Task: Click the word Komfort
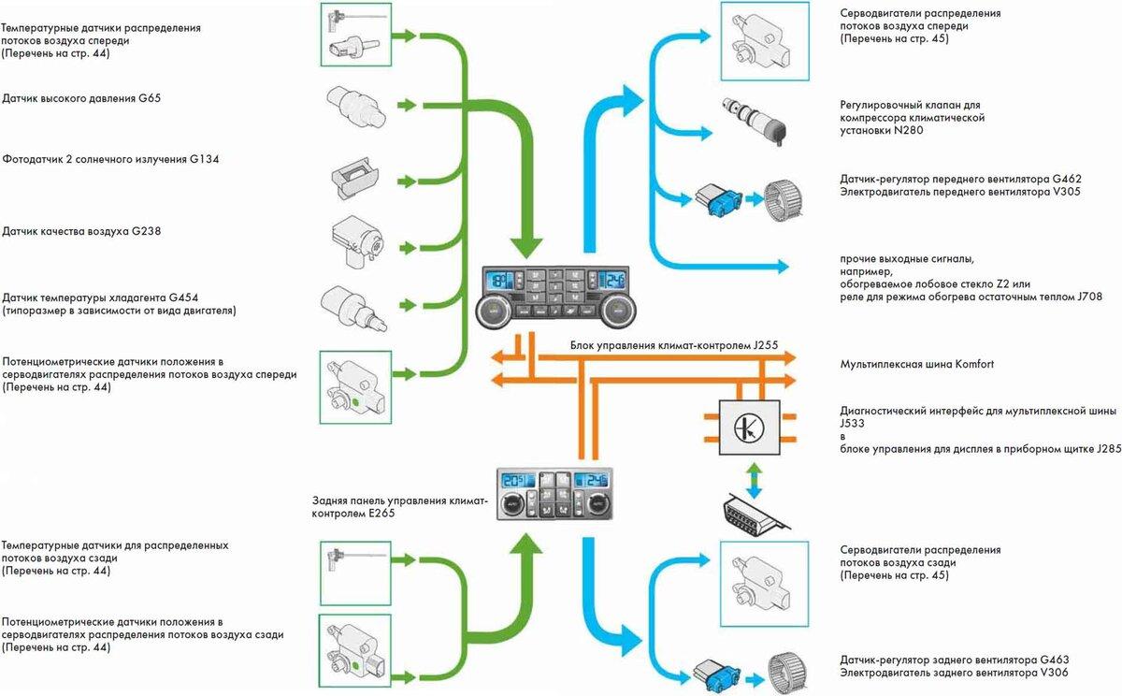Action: click(986, 364)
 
